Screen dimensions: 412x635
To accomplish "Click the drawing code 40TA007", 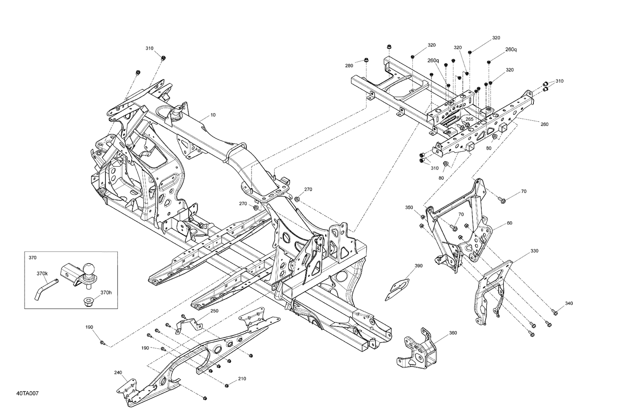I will [x=28, y=394].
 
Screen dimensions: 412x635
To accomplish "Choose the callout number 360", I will [x=453, y=333].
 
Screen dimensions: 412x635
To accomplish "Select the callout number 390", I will [x=418, y=266].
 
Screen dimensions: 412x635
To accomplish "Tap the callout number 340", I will [x=569, y=303].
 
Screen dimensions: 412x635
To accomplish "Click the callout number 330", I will [x=534, y=251].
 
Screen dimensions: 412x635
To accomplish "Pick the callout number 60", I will [x=509, y=223].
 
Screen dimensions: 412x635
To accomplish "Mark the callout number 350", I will [x=409, y=207].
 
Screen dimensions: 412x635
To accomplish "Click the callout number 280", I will [x=349, y=66].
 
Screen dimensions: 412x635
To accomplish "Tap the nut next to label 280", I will [x=367, y=60].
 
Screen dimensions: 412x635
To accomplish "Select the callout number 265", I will [x=469, y=119].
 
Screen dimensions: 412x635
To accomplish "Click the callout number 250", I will [x=214, y=311].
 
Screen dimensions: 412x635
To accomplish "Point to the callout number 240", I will [x=118, y=373].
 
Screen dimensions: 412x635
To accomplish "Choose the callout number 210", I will [x=242, y=379].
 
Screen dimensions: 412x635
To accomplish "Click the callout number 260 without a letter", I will [x=544, y=124].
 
